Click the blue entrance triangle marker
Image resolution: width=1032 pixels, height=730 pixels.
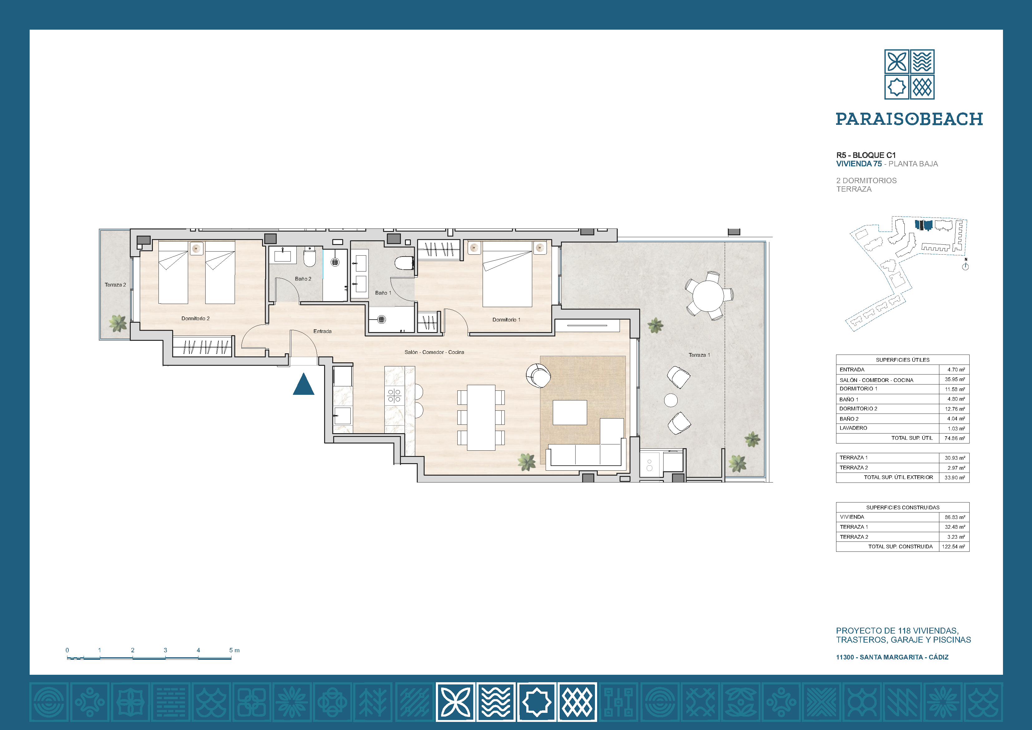click(304, 385)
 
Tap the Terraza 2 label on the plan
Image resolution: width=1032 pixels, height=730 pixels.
click(115, 285)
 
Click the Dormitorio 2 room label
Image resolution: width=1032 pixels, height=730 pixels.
click(196, 318)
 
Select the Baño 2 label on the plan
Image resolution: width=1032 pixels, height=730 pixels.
click(303, 279)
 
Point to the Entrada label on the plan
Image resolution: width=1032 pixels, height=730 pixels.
click(322, 331)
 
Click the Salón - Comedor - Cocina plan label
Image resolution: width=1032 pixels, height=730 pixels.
click(434, 352)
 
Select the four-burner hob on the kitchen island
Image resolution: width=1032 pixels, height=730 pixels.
click(394, 396)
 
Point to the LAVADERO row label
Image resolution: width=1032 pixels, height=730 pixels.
click(853, 428)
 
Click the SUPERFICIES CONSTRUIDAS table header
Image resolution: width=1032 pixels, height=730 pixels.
click(903, 507)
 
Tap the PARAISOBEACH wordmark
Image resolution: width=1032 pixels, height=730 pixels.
click(909, 119)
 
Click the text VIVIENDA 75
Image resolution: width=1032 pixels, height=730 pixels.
click(859, 164)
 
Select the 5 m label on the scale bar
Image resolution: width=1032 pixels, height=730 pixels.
click(234, 650)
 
